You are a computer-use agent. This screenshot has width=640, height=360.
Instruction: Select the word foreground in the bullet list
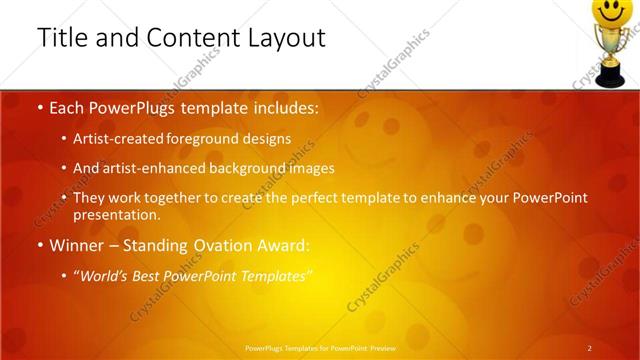click(212, 139)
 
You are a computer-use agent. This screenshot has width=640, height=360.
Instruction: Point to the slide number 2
click(589, 348)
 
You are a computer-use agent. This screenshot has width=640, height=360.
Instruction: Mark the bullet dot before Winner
click(39, 246)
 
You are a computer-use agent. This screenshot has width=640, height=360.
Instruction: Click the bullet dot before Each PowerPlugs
click(39, 108)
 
